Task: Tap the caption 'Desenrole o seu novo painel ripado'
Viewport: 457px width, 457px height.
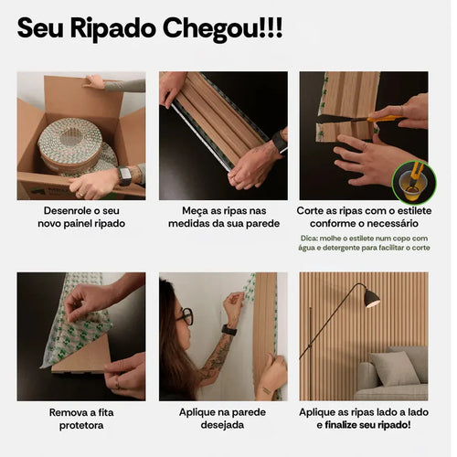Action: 80,217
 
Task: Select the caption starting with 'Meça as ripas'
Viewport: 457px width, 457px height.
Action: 223,217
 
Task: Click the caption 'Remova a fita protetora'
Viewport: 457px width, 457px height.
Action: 80,419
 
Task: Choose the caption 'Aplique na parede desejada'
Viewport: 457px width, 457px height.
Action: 223,419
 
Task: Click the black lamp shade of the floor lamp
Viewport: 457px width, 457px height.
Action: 371,297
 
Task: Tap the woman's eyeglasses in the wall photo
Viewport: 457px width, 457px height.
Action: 186,316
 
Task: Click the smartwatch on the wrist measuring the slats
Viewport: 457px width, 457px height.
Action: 277,142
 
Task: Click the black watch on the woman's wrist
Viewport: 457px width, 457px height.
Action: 228,330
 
